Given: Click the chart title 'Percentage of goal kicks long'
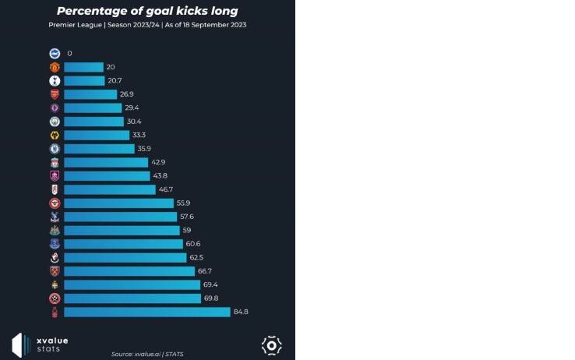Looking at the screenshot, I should click(147, 11).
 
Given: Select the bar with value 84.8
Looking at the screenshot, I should click(147, 312).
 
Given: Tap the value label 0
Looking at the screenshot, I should click(69, 54).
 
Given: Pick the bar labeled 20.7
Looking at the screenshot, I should click(84, 81).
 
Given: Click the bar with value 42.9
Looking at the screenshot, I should click(106, 162).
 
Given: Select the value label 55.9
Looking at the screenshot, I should click(184, 203).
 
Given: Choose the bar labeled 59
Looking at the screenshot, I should click(122, 231).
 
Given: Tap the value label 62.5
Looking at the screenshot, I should click(198, 258).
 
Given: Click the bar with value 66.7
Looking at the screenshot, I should click(129, 271).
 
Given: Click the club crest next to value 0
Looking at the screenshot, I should click(55, 54).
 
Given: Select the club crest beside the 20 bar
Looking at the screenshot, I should click(55, 67).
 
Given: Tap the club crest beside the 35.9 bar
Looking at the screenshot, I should click(55, 149).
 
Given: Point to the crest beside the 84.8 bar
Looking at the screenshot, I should click(55, 312).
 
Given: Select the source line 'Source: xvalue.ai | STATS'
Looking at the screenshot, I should click(147, 354).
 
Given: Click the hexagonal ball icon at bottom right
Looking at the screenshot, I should click(271, 344).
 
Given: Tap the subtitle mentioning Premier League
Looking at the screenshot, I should click(147, 25).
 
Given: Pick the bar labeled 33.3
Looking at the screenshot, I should click(97, 136).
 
